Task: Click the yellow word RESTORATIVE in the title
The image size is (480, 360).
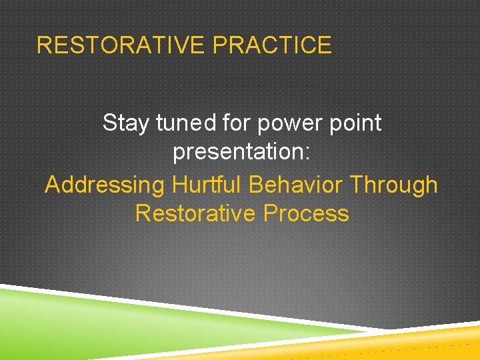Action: [x=121, y=45]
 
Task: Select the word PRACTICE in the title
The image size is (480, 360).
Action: [x=271, y=45]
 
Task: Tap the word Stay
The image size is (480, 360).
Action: [x=126, y=123]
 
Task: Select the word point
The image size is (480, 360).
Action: [x=353, y=124]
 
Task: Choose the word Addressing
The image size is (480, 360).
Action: [x=104, y=185]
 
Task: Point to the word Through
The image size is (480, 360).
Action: [x=394, y=185]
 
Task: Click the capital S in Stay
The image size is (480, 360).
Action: [x=109, y=123]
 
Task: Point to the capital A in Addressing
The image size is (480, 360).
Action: [x=51, y=185]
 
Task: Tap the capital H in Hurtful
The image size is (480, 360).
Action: [x=179, y=184]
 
